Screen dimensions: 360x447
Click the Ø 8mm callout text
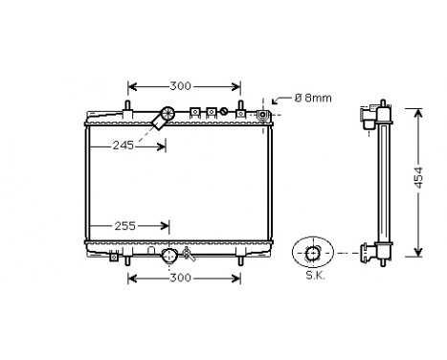311,97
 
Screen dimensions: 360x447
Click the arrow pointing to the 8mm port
278,101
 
